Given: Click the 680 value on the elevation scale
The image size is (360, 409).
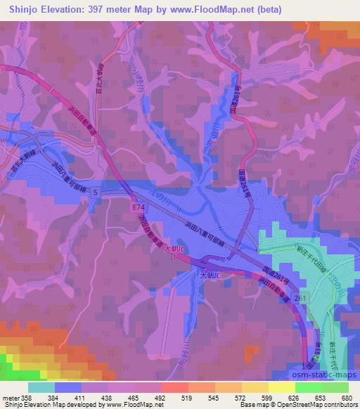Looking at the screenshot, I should click(347, 397).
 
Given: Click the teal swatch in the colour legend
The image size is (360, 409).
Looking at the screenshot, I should click(41, 387).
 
